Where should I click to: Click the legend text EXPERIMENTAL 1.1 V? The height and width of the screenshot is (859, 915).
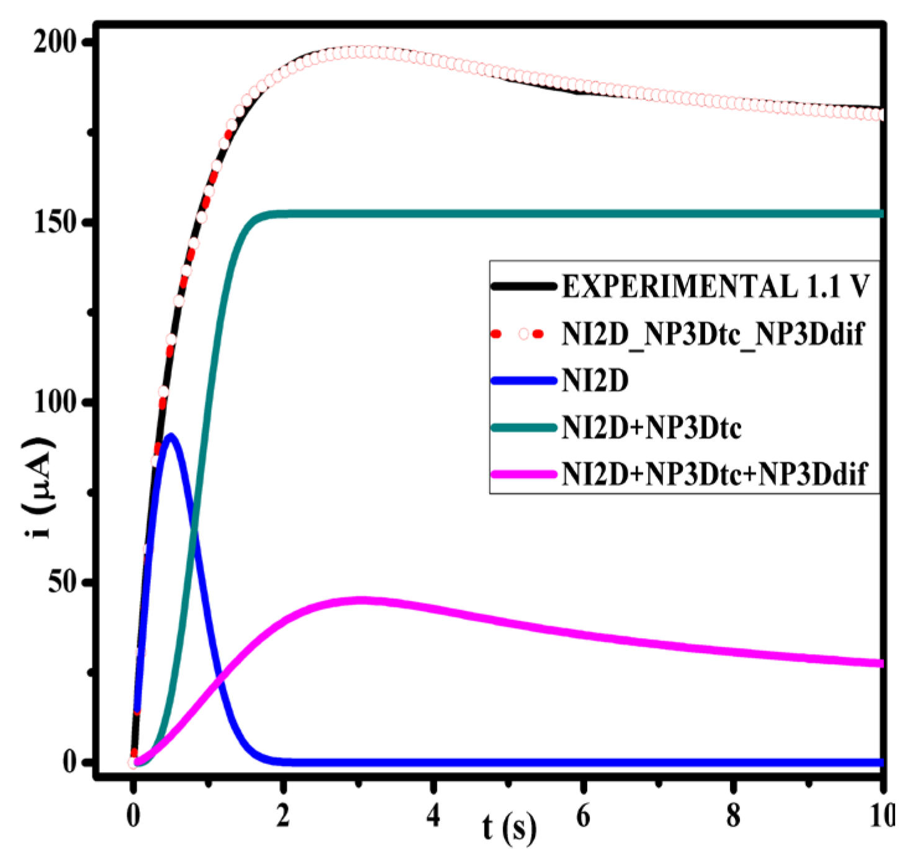tap(716, 286)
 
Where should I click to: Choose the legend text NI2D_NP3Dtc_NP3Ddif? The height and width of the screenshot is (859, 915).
tap(713, 333)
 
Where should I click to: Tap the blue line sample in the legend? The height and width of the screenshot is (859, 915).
tap(523, 380)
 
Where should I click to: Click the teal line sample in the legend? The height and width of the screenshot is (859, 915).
tap(523, 427)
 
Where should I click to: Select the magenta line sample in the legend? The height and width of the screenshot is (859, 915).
tap(523, 474)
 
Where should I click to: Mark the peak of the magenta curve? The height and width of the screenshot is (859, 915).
tap(360, 600)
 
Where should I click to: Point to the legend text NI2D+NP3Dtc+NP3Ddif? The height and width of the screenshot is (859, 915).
tap(714, 474)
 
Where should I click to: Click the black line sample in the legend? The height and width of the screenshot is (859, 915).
tap(523, 286)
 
